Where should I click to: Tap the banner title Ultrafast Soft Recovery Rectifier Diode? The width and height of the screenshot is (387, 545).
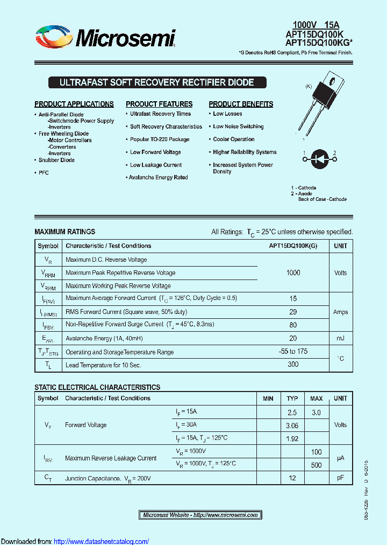coord(156,83)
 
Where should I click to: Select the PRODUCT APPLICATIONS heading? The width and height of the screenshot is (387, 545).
coord(74,104)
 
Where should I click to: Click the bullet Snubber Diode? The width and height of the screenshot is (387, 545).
coord(56,160)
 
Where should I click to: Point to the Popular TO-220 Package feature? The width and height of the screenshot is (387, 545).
coord(160,139)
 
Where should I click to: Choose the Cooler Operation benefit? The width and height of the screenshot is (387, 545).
coord(233,139)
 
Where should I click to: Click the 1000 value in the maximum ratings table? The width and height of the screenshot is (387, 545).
coord(293,273)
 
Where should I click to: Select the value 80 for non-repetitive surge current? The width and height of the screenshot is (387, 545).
coord(293,325)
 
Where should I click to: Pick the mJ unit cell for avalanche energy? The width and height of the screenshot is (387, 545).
coord(340,338)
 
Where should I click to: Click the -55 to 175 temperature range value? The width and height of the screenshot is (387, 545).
coord(293,351)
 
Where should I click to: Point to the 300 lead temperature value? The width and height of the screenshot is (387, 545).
coord(293,365)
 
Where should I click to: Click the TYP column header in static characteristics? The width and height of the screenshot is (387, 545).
coord(292,399)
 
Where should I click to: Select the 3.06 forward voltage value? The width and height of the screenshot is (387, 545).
coord(292,425)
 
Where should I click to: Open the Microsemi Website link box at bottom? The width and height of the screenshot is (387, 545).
coord(200,515)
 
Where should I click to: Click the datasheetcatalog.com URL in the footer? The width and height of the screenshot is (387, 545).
coord(102,541)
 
